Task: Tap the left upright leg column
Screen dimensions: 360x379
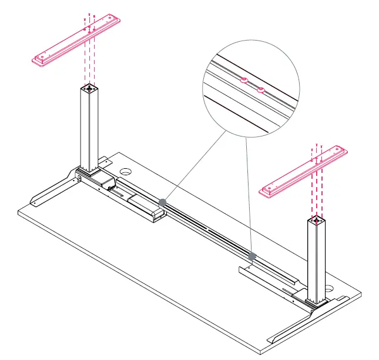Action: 90,129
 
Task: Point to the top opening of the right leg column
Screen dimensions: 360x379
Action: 316,221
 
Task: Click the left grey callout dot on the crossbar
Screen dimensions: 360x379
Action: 163,202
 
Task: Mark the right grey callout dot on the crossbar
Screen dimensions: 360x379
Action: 252,256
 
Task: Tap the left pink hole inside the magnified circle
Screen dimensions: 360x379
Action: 243,82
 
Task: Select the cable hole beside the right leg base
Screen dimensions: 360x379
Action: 330,289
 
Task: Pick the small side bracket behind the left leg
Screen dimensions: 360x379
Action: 104,161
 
